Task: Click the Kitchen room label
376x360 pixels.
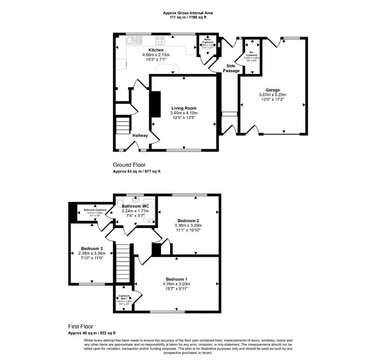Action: (x=156, y=50)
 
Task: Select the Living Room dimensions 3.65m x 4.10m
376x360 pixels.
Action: (x=184, y=113)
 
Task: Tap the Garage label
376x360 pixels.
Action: (x=273, y=90)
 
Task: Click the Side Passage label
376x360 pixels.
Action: (x=231, y=68)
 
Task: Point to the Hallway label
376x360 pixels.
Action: (x=140, y=135)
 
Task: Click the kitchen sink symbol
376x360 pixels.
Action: (x=132, y=40)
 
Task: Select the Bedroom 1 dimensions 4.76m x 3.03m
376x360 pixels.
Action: (x=176, y=284)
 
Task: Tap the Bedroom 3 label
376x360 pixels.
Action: (x=92, y=248)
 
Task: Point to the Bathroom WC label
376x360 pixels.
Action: (x=134, y=206)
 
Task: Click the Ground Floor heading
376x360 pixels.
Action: (x=129, y=165)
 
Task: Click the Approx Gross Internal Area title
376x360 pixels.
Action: (x=188, y=13)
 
